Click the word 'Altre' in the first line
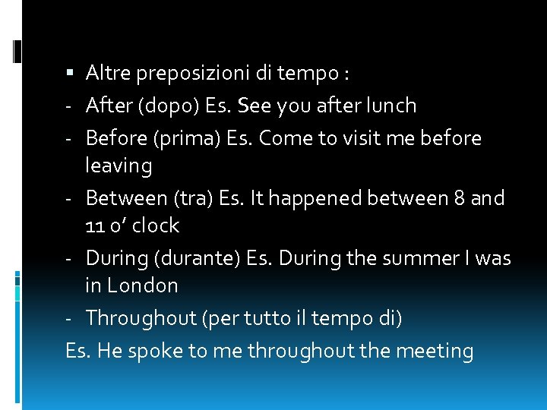[x=106, y=73]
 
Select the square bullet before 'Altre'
[x=70, y=74]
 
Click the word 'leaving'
[x=119, y=166]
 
